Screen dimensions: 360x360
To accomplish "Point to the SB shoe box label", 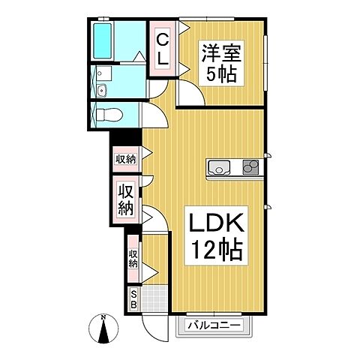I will pos(134,298).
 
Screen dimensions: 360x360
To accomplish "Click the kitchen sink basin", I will pos(219,167).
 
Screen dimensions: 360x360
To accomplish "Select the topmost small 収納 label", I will pos(124,158).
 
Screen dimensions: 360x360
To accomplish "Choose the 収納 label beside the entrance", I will pos(133,259).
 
